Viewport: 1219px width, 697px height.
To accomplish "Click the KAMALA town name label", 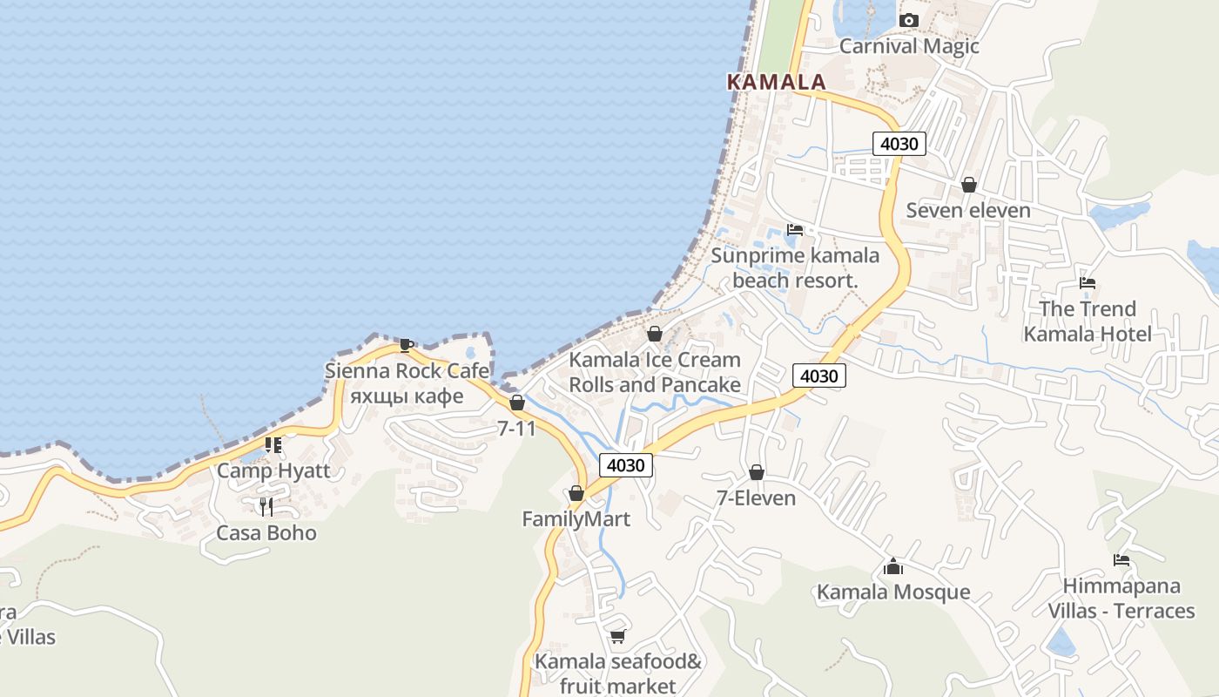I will click(776, 82).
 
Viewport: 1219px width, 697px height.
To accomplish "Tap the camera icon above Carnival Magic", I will click(909, 20).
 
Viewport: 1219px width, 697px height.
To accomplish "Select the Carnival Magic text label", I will click(909, 46).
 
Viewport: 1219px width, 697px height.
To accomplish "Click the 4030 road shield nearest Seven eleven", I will click(899, 144).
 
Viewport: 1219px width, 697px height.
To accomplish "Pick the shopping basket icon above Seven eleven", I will click(968, 185).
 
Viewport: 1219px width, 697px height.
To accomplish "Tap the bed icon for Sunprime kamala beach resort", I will click(795, 230).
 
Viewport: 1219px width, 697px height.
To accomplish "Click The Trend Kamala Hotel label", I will click(1088, 321).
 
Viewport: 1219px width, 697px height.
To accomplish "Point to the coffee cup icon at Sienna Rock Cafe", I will click(406, 345).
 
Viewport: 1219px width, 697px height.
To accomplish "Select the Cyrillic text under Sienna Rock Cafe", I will click(407, 396).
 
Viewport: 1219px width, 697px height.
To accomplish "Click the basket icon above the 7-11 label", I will click(517, 403).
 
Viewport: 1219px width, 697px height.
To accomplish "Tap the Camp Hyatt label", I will click(273, 470).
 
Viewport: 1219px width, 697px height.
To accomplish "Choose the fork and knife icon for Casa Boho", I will click(266, 506).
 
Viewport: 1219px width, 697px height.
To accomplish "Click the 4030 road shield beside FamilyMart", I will click(625, 465).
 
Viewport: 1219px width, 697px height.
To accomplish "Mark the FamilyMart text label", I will click(576, 519).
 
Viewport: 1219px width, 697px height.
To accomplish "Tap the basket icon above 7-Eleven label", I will click(757, 472).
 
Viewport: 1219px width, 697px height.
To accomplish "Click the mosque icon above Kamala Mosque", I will click(892, 566).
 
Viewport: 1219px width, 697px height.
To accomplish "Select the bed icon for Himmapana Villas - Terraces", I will click(1121, 560).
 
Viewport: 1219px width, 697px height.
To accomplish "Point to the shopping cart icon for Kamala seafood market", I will click(617, 636).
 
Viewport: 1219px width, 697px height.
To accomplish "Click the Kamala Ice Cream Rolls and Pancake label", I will click(655, 372).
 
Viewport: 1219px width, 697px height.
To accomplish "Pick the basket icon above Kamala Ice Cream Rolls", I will click(655, 334).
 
